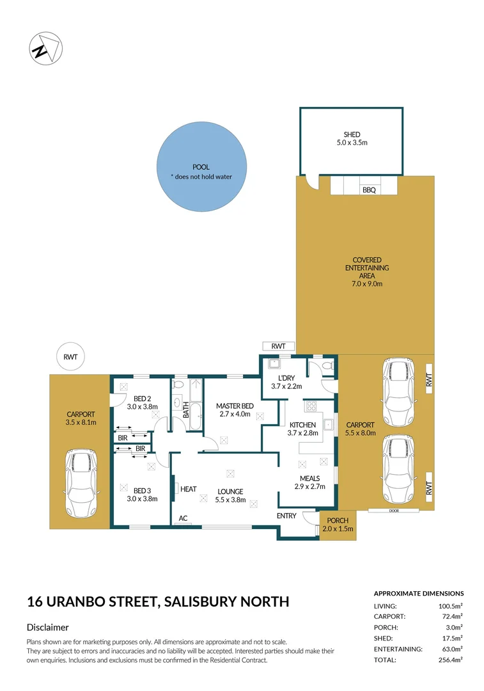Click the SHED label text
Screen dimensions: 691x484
click(x=352, y=135)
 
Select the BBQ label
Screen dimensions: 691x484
click(x=369, y=190)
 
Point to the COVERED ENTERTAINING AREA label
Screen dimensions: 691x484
click(x=366, y=268)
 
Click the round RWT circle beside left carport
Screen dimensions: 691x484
click(x=70, y=358)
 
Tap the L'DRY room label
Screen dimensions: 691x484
click(x=286, y=377)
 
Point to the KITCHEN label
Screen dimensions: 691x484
click(x=302, y=425)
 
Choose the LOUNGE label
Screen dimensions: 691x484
click(x=230, y=491)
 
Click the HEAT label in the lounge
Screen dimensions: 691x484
click(x=189, y=489)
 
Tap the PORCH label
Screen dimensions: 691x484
click(x=336, y=520)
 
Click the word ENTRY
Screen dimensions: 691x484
click(x=286, y=515)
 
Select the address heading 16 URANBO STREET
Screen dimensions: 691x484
click(x=158, y=601)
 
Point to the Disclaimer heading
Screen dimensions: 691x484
click(x=48, y=628)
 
